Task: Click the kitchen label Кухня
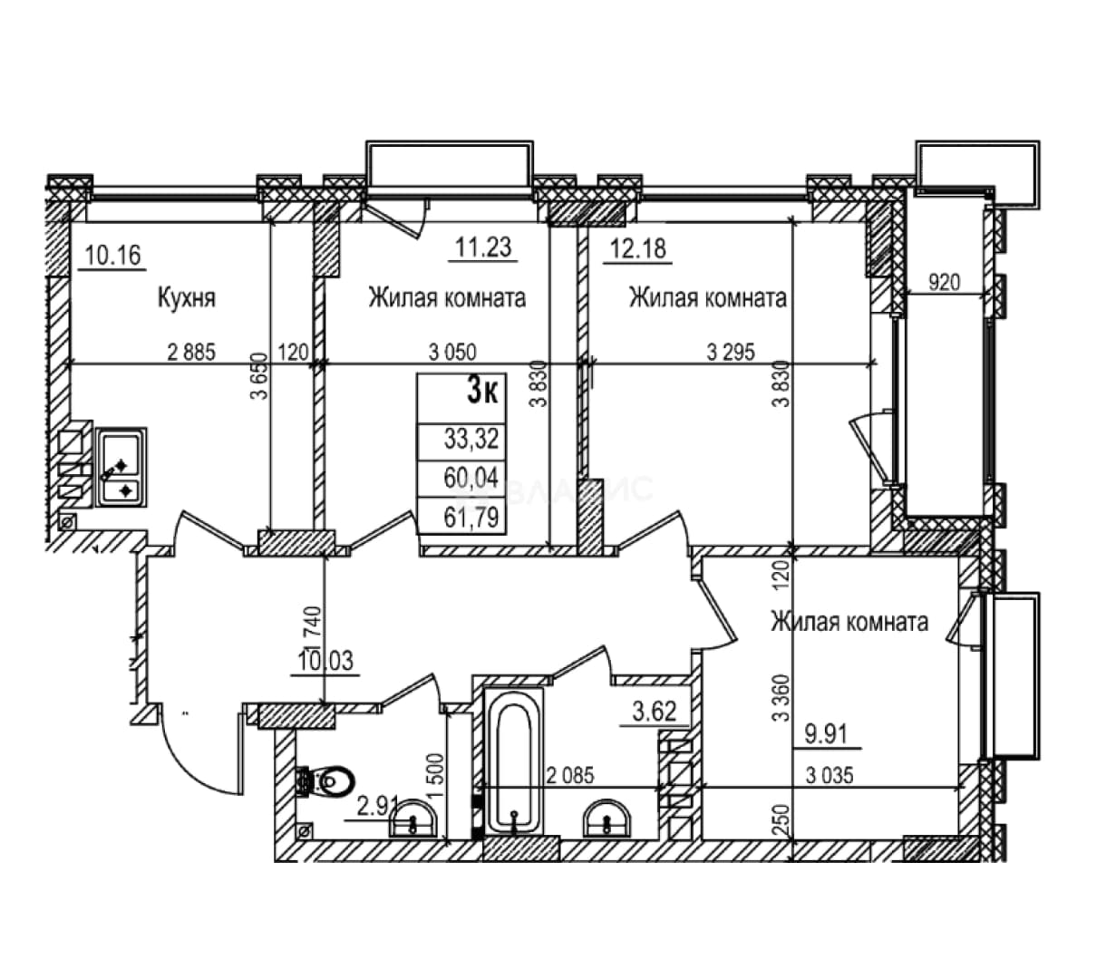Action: coord(187,298)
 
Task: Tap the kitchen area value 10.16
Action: coord(113,255)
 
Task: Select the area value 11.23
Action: coord(483,247)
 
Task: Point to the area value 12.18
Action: coord(637,249)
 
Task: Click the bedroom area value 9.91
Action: coord(827,734)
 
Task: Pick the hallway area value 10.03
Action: coord(325,661)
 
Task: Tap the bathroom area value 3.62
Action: coord(654,712)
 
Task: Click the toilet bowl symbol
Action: coord(327,783)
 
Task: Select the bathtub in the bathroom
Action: coord(514,761)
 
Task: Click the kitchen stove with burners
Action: coord(121,468)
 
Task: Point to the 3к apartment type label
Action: coord(482,391)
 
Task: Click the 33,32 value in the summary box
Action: coord(471,439)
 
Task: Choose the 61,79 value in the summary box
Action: coord(471,517)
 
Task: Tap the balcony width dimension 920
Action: coord(944,283)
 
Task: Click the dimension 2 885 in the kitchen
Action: coord(191,353)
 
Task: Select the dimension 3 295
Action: coord(731,353)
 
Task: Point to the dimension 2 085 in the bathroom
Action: coord(570,775)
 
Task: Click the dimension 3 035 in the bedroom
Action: coord(829,775)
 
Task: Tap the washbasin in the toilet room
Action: coord(412,819)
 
